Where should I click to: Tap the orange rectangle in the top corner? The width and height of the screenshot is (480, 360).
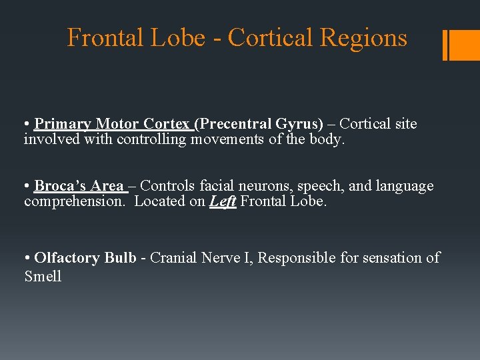point(465,45)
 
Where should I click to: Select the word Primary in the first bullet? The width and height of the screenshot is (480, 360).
point(63,124)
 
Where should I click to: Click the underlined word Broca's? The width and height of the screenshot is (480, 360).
point(63,186)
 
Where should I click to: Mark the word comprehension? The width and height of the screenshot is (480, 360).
point(73,201)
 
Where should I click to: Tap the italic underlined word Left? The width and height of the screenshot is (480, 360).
point(223,201)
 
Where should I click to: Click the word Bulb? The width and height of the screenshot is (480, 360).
point(120,258)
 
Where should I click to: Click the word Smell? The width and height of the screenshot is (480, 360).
point(43,276)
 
